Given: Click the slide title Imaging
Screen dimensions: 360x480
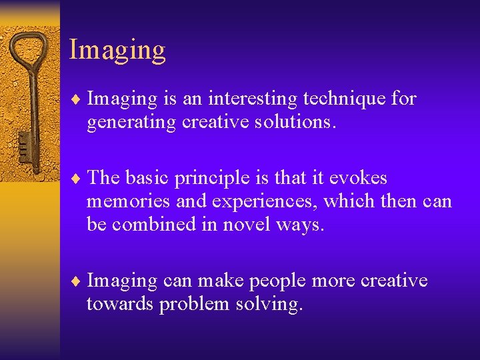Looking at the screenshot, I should tap(117, 51).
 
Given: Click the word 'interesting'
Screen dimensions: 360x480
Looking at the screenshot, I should tap(253, 99).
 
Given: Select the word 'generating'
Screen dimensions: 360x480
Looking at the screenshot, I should tap(131, 123).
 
